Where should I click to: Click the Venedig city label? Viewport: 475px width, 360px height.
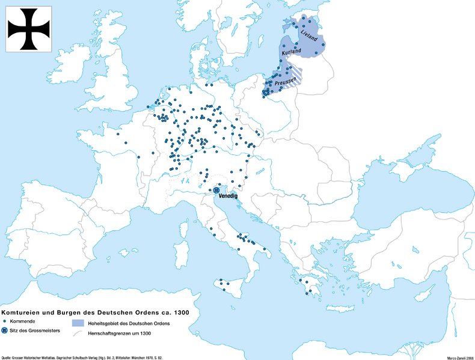pos(228,196)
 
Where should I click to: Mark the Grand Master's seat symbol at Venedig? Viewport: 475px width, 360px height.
pos(216,190)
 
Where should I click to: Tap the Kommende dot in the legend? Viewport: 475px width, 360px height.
pos(5,323)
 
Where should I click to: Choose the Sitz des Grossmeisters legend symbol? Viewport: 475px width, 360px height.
pos(5,331)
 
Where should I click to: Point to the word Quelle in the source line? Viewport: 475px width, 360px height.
pos(8,356)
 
